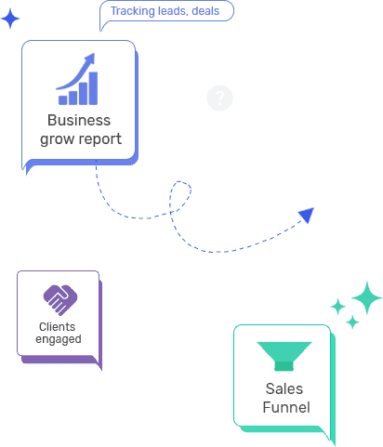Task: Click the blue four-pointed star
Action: point(10,19)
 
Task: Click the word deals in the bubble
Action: point(205,11)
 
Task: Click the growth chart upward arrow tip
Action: point(93,55)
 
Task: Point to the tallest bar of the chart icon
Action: point(93,88)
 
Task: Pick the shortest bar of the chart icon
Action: point(63,100)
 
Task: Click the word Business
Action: point(79,120)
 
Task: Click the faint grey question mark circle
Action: point(219,98)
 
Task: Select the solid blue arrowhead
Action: point(307,215)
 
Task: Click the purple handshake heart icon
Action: point(60,300)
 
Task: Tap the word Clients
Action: point(57,327)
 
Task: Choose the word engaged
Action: point(59,339)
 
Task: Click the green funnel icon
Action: point(284,356)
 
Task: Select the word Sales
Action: point(284,388)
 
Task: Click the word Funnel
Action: point(286,407)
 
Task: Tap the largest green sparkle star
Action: point(367,297)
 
